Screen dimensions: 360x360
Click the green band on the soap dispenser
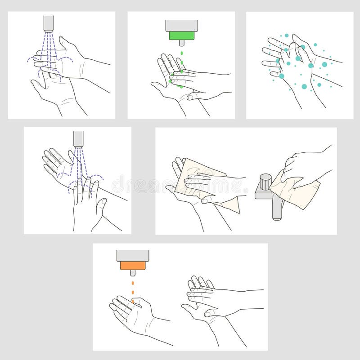[181, 36]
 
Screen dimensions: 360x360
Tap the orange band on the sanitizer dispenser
[133, 266]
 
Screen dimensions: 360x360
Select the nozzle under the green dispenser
[181, 43]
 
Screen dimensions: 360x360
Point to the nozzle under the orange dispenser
[133, 273]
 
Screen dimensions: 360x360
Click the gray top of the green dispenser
[181, 26]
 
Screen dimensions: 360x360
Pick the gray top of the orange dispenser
[133, 256]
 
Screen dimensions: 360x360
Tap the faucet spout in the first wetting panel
[48, 23]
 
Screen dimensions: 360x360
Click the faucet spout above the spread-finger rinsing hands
[78, 139]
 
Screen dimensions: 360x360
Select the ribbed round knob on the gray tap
[266, 181]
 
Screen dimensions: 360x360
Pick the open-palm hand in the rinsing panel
[56, 164]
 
